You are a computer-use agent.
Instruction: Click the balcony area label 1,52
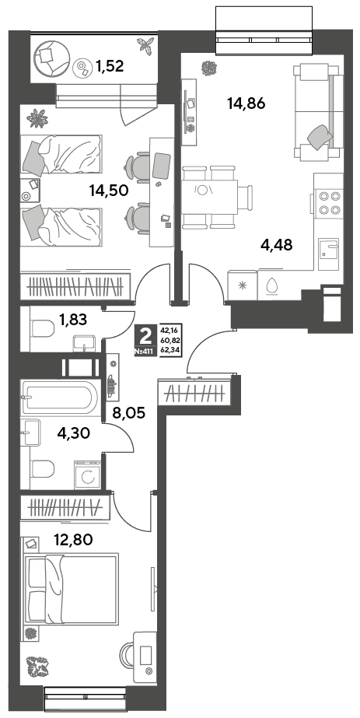tap(110, 67)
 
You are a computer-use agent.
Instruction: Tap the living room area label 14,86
tap(246, 103)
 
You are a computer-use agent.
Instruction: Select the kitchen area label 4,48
tap(276, 245)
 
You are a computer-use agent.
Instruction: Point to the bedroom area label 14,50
tap(109, 190)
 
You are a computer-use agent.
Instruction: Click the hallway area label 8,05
tap(129, 413)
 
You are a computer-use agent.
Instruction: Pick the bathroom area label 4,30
tap(73, 433)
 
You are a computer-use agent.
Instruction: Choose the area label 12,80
tap(73, 540)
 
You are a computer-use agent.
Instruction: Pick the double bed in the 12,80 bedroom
tap(71, 588)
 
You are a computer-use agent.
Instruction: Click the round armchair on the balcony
tap(51, 59)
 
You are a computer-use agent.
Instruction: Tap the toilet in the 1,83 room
tap(43, 327)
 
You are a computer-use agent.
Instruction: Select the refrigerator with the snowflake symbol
tap(243, 285)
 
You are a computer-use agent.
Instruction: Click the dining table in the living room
tap(209, 198)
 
